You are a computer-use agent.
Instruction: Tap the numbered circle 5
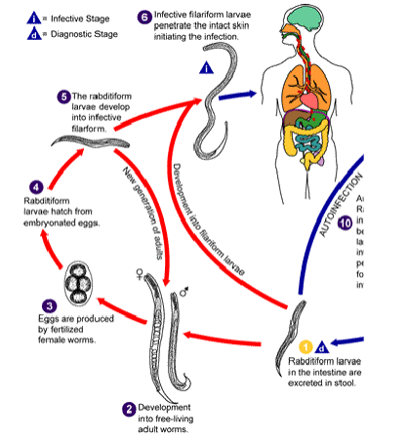pos(63,96)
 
